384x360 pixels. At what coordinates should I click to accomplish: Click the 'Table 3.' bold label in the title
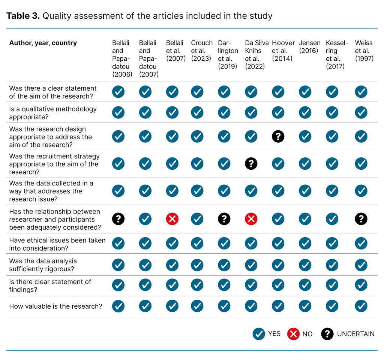pos(23,16)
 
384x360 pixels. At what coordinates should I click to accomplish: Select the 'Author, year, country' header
pos(43,43)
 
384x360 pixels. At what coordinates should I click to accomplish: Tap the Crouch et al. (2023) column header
pos(202,51)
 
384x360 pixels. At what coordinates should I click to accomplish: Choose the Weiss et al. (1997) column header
pos(364,51)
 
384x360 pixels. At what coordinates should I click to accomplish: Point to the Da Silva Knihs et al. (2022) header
pos(256,55)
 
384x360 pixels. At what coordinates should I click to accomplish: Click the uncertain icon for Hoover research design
pos(278,137)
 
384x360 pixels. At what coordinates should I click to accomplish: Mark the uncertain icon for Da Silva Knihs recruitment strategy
pos(251,164)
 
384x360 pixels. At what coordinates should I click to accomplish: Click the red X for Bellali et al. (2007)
pos(172,219)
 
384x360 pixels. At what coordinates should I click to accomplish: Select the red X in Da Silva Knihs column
pos(251,219)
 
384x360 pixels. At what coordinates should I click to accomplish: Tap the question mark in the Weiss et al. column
pos(361,219)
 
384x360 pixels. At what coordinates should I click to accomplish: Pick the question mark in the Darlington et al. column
pos(224,219)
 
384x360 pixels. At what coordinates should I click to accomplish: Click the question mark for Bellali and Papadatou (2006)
pos(118,219)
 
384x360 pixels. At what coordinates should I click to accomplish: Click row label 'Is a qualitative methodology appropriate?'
pos(53,113)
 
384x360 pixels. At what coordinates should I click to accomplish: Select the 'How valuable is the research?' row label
pos(55,306)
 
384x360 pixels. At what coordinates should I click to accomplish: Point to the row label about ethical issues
pos(57,244)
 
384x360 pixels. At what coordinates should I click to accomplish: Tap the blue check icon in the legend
pos(259,334)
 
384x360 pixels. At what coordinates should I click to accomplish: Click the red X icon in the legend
pos(293,334)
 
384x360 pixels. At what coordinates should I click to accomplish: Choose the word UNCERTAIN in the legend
pos(355,334)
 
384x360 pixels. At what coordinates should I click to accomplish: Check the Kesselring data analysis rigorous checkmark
pos(332,265)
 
